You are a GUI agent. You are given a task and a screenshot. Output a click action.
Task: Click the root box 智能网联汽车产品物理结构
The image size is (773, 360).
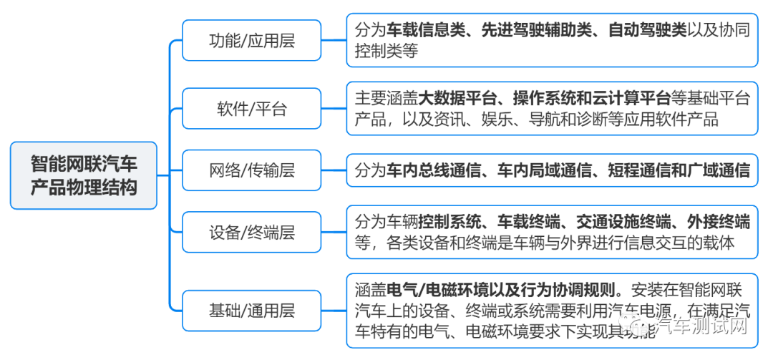coord(84,175)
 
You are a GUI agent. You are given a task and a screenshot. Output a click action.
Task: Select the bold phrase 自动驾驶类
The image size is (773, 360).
coord(647,30)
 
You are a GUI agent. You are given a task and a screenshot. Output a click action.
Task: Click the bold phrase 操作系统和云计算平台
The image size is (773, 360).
coord(588,98)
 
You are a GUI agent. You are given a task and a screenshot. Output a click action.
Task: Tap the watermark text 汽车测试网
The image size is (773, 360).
coord(701,326)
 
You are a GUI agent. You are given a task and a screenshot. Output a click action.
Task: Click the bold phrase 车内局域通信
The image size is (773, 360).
coord(544,170)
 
